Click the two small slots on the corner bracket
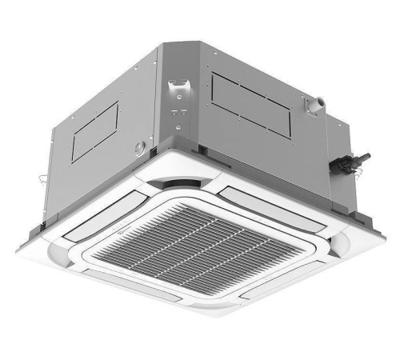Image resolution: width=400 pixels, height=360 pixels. [x=178, y=111]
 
